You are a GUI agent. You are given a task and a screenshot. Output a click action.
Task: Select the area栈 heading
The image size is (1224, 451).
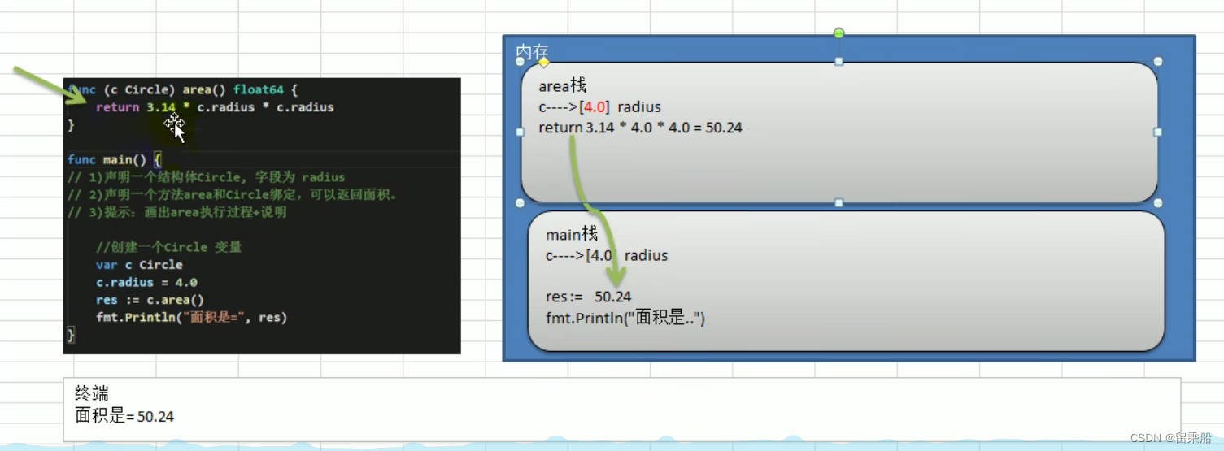[562, 85]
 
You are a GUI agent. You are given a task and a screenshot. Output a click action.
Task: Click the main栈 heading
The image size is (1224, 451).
[571, 235]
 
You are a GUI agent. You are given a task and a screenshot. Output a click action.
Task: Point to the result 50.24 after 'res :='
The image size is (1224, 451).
[612, 297]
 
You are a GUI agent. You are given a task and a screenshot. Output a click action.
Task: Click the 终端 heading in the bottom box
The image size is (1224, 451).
[91, 394]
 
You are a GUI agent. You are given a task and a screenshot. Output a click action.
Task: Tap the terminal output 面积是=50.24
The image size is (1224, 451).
[124, 416]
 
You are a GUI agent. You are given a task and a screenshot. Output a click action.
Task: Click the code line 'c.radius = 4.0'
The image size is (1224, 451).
[146, 283]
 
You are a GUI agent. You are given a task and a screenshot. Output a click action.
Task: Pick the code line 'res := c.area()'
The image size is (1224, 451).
[150, 300]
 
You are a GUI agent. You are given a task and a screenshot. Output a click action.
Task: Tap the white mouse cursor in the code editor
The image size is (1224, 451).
[176, 128]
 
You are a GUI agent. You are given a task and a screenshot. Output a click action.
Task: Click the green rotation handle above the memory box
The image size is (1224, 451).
[839, 33]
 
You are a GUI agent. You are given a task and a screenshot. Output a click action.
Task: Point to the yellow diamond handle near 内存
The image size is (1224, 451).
[543, 63]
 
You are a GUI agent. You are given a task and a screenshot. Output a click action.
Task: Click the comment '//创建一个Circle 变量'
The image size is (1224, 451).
[168, 247]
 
